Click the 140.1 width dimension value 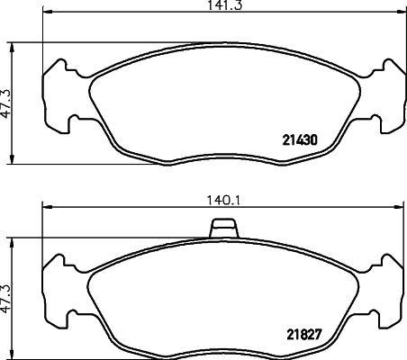point(222,200)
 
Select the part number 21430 point(300,140)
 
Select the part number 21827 point(304,335)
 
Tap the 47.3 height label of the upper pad point(5,104)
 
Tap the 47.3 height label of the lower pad point(5,299)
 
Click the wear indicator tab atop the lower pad point(223,228)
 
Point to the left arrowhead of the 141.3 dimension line point(48,12)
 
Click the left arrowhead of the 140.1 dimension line point(48,207)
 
